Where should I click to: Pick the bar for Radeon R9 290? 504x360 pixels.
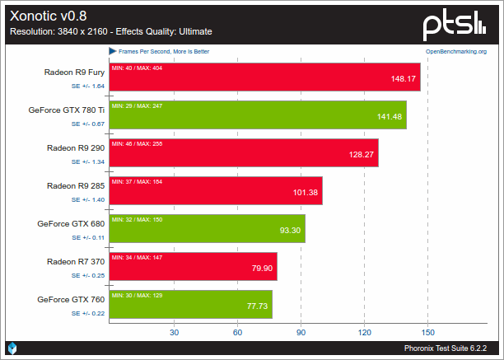point(243,152)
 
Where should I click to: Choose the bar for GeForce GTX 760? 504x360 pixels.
point(190,304)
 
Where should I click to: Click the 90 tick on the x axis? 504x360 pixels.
point(301,333)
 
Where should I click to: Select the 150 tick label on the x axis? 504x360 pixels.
point(427,333)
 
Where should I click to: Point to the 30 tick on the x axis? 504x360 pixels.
point(174,333)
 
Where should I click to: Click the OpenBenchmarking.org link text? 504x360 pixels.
point(455,51)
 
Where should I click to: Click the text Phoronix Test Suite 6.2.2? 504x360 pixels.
point(450,349)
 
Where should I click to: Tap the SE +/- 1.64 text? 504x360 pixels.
point(87,86)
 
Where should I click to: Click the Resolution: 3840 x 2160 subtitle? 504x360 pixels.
point(110,31)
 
